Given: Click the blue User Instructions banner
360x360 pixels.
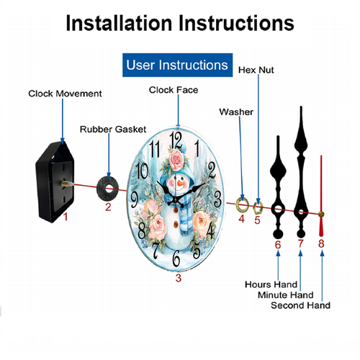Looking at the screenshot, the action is pos(177,65).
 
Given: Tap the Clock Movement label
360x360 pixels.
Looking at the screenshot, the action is pos(65,94).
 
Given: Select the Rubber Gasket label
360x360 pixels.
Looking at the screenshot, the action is pos(113,130).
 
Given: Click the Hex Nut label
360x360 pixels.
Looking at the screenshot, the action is pos(256,70).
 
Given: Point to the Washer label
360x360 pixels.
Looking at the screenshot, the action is pos(236,112).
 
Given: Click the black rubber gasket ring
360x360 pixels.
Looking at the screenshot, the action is pos(108,189).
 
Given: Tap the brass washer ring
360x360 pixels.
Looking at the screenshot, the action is pos(242,205).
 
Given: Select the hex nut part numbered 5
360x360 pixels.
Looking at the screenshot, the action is pos(258,208).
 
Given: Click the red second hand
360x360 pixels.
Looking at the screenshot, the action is pos(321,196).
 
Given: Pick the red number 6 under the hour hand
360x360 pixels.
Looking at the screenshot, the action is pos(278,245).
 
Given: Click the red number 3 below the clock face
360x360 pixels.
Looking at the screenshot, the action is pos(179,278).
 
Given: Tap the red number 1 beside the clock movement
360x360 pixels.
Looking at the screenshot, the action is pos(66,217).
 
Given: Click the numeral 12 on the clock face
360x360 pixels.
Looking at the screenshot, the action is pos(176,140).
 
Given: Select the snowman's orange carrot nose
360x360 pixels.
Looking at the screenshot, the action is pos(181,184).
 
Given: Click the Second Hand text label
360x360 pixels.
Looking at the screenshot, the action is pos(300,305).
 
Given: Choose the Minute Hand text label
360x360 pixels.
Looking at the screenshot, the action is pos(286,294).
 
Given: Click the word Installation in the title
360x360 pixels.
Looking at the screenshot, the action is pos(119,23).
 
